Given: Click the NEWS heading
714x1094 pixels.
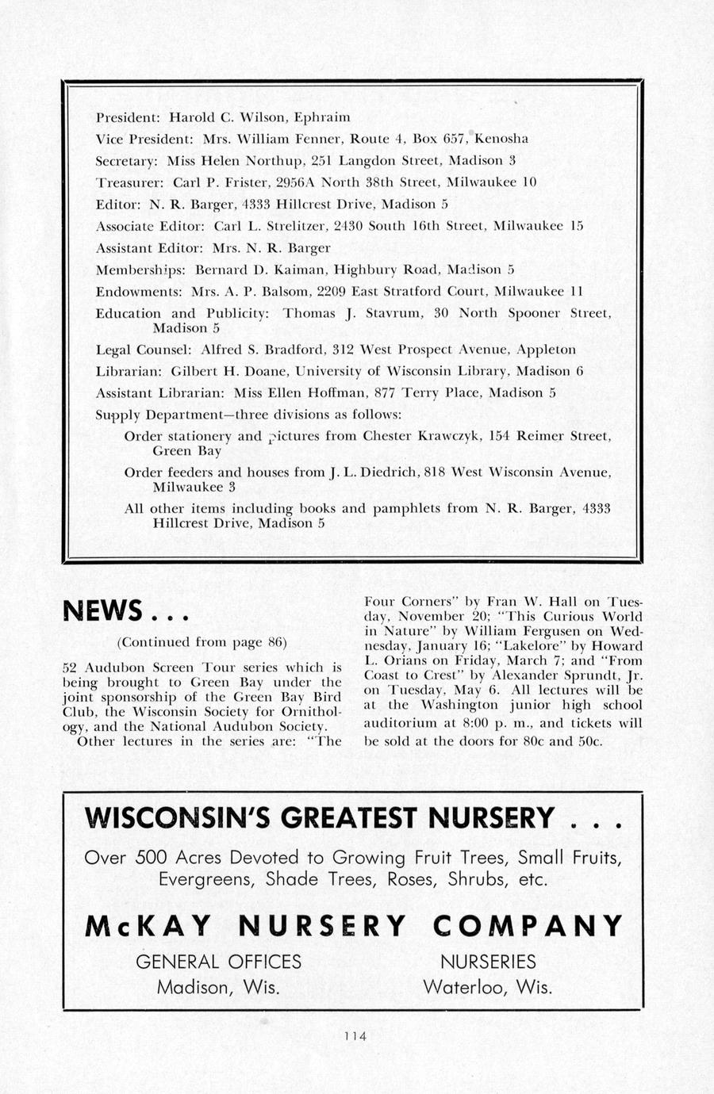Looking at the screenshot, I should [x=102, y=611].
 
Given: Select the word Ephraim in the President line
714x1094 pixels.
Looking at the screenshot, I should [x=322, y=117].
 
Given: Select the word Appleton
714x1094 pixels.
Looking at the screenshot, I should [x=546, y=350].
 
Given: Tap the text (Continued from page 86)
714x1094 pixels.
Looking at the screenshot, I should [x=202, y=641].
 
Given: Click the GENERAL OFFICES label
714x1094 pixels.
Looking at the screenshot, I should [x=218, y=962].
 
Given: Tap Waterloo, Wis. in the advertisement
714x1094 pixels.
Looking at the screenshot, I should [x=487, y=988].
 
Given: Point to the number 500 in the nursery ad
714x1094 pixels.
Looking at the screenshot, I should [x=152, y=858].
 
